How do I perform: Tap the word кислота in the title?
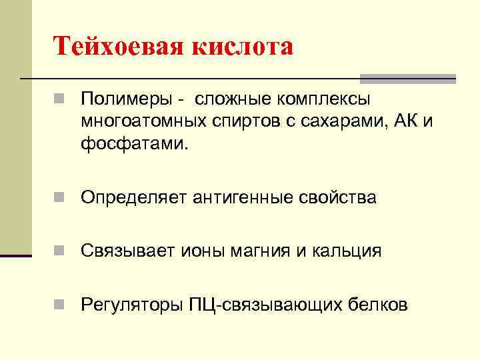(x=243, y=47)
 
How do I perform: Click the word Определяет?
(x=133, y=198)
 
